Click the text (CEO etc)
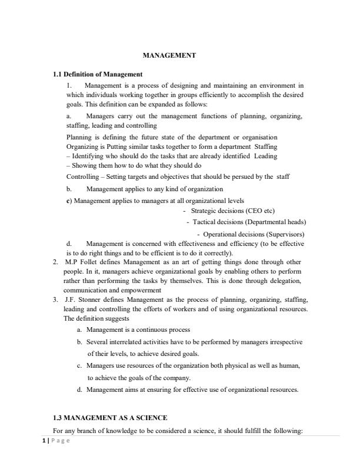point(259,211)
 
